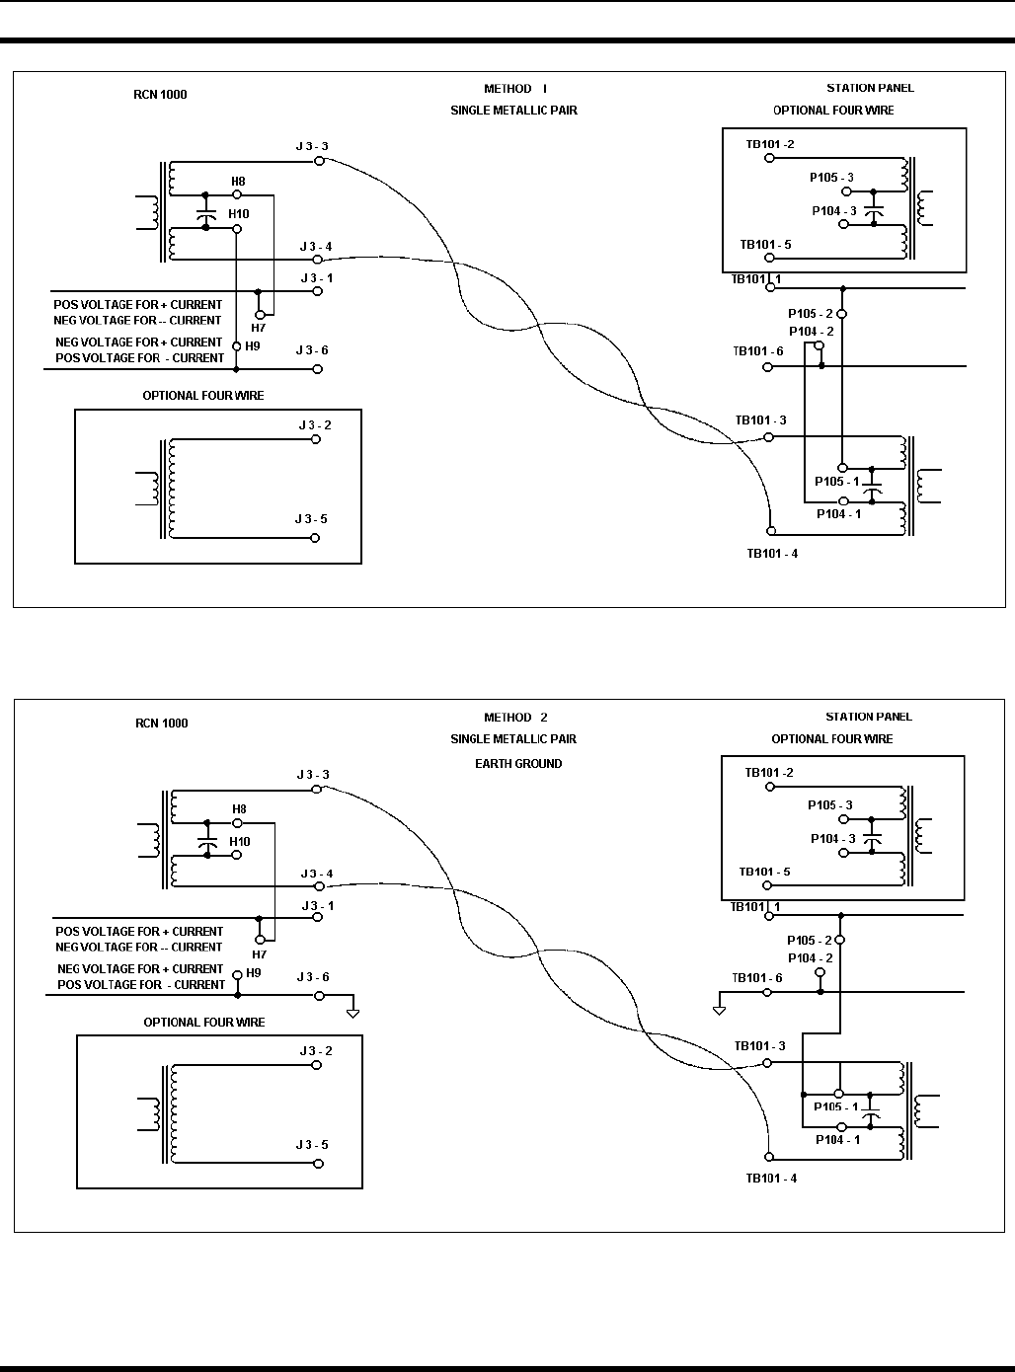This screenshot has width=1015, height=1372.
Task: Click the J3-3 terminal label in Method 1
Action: click(313, 146)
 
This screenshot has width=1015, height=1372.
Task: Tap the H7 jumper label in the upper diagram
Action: click(259, 328)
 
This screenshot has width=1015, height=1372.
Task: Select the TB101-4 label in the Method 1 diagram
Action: click(772, 553)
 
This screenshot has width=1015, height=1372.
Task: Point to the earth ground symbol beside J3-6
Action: click(353, 1011)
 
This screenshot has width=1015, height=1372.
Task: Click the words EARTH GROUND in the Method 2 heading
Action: click(518, 763)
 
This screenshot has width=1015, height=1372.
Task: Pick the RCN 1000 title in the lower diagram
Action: click(161, 723)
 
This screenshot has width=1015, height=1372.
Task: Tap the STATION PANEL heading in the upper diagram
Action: click(870, 88)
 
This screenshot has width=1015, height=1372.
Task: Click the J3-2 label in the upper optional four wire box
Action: click(315, 425)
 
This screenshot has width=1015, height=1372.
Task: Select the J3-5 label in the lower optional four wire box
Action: click(312, 1145)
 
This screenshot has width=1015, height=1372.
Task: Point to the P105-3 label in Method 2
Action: click(829, 805)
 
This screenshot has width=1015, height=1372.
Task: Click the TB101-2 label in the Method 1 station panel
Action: click(770, 144)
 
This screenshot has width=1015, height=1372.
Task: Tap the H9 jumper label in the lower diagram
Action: click(254, 972)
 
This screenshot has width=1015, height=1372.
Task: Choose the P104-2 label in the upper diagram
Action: click(811, 332)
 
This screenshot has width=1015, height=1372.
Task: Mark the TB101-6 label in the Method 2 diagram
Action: click(757, 978)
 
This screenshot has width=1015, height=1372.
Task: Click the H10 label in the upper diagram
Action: click(239, 213)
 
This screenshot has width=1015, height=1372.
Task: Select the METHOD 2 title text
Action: click(515, 718)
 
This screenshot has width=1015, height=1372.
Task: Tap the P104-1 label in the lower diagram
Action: click(837, 1139)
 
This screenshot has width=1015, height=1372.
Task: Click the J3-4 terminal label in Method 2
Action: click(316, 874)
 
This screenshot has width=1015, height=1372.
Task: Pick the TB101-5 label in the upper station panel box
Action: click(765, 245)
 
